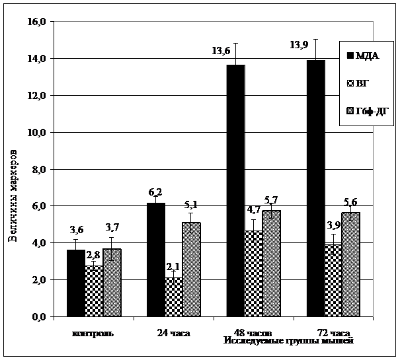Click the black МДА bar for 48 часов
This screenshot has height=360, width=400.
click(235, 191)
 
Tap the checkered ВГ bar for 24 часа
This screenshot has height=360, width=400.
click(173, 297)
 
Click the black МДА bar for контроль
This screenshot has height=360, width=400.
click(76, 283)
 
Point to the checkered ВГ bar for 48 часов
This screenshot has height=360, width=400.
click(253, 273)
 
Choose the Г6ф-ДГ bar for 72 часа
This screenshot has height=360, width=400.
click(350, 265)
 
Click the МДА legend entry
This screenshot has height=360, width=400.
click(363, 55)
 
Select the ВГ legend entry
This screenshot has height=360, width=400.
click(363, 84)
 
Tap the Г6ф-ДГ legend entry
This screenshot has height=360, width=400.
click(368, 112)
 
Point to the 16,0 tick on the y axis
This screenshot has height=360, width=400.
click(36, 22)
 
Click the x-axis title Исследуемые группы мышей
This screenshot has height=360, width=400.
click(288, 341)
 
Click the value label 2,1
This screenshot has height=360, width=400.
click(173, 266)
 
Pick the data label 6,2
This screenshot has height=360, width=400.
click(156, 192)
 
